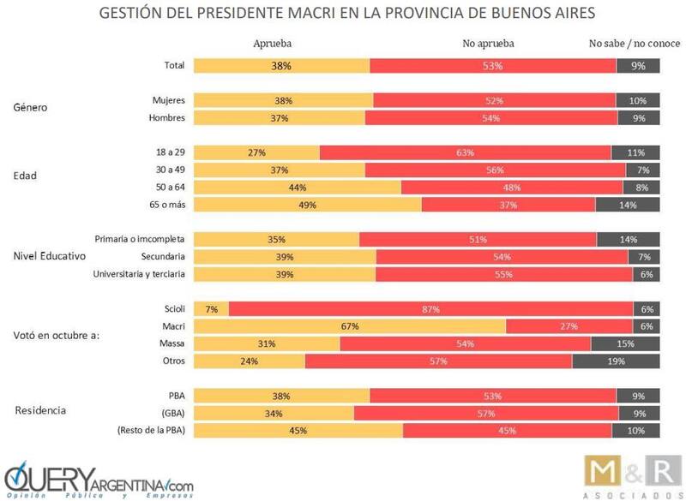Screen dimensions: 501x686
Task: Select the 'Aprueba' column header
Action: [272, 43]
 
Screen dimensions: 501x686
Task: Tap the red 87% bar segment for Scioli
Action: [430, 309]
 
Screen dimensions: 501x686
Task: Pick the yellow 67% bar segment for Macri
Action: [350, 326]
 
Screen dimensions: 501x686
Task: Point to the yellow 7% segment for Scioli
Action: [211, 309]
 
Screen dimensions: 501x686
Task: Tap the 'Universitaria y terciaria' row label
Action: [140, 274]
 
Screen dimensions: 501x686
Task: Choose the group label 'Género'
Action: [32, 108]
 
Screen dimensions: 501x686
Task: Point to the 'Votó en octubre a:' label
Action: [57, 335]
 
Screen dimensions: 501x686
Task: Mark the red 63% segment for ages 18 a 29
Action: [465, 152]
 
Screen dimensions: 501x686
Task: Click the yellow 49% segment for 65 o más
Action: [308, 205]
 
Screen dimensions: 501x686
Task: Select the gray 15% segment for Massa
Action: [625, 343]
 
